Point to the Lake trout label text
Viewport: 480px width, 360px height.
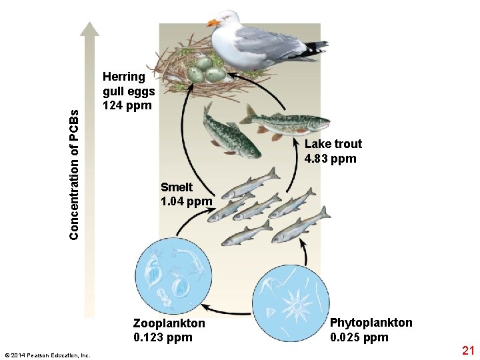click(333, 144)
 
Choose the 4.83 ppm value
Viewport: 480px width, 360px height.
click(330, 159)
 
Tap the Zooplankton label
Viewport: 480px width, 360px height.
click(169, 323)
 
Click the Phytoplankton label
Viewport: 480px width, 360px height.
click(371, 323)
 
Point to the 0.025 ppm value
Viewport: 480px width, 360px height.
click(359, 337)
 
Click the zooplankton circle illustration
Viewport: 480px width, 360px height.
click(174, 275)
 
